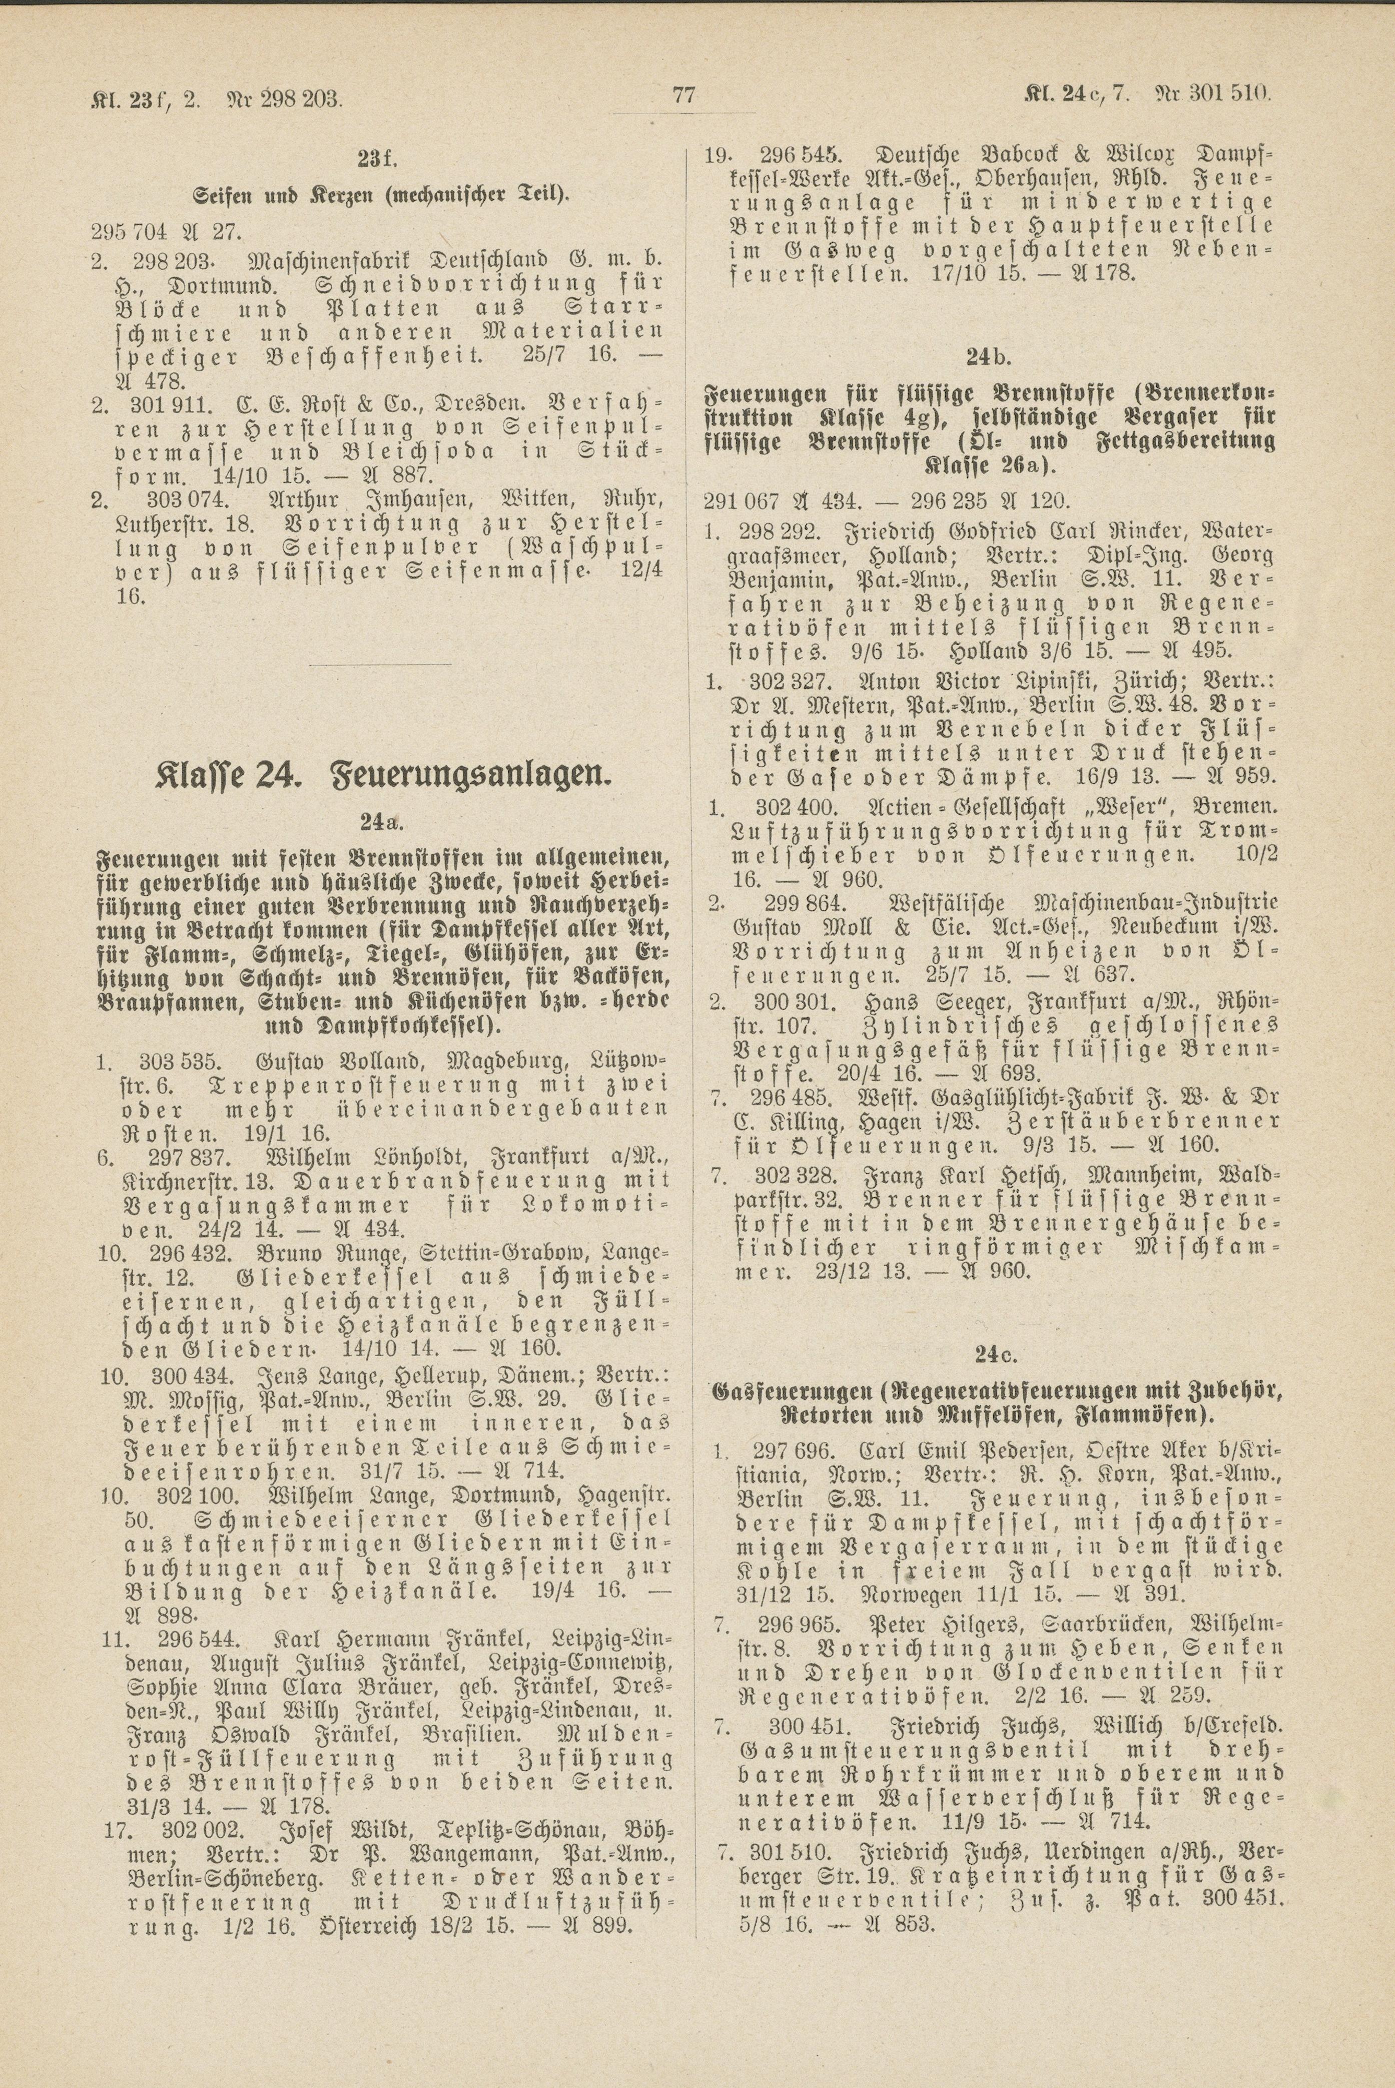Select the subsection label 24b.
988,358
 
